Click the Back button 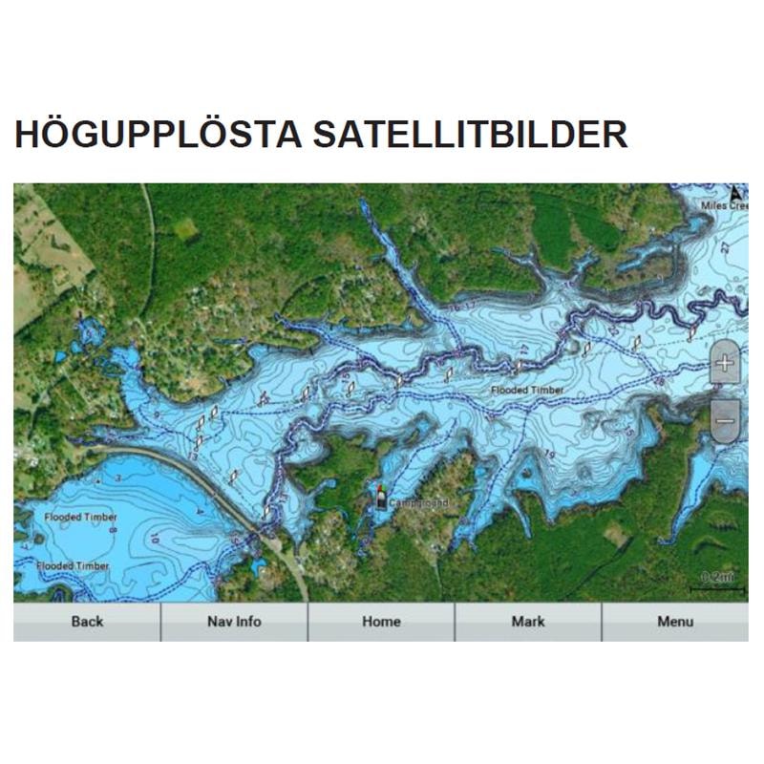[x=87, y=622]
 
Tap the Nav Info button [x=234, y=622]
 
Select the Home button [x=381, y=622]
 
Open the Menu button [x=674, y=622]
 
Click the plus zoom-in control [x=725, y=363]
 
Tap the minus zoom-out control [x=725, y=420]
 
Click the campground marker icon [x=382, y=497]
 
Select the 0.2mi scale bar [x=717, y=582]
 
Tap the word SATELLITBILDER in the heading [x=470, y=135]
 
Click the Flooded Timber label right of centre [x=527, y=391]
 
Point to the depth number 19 [x=549, y=453]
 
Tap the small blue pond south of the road [x=259, y=569]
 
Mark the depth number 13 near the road [x=194, y=457]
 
